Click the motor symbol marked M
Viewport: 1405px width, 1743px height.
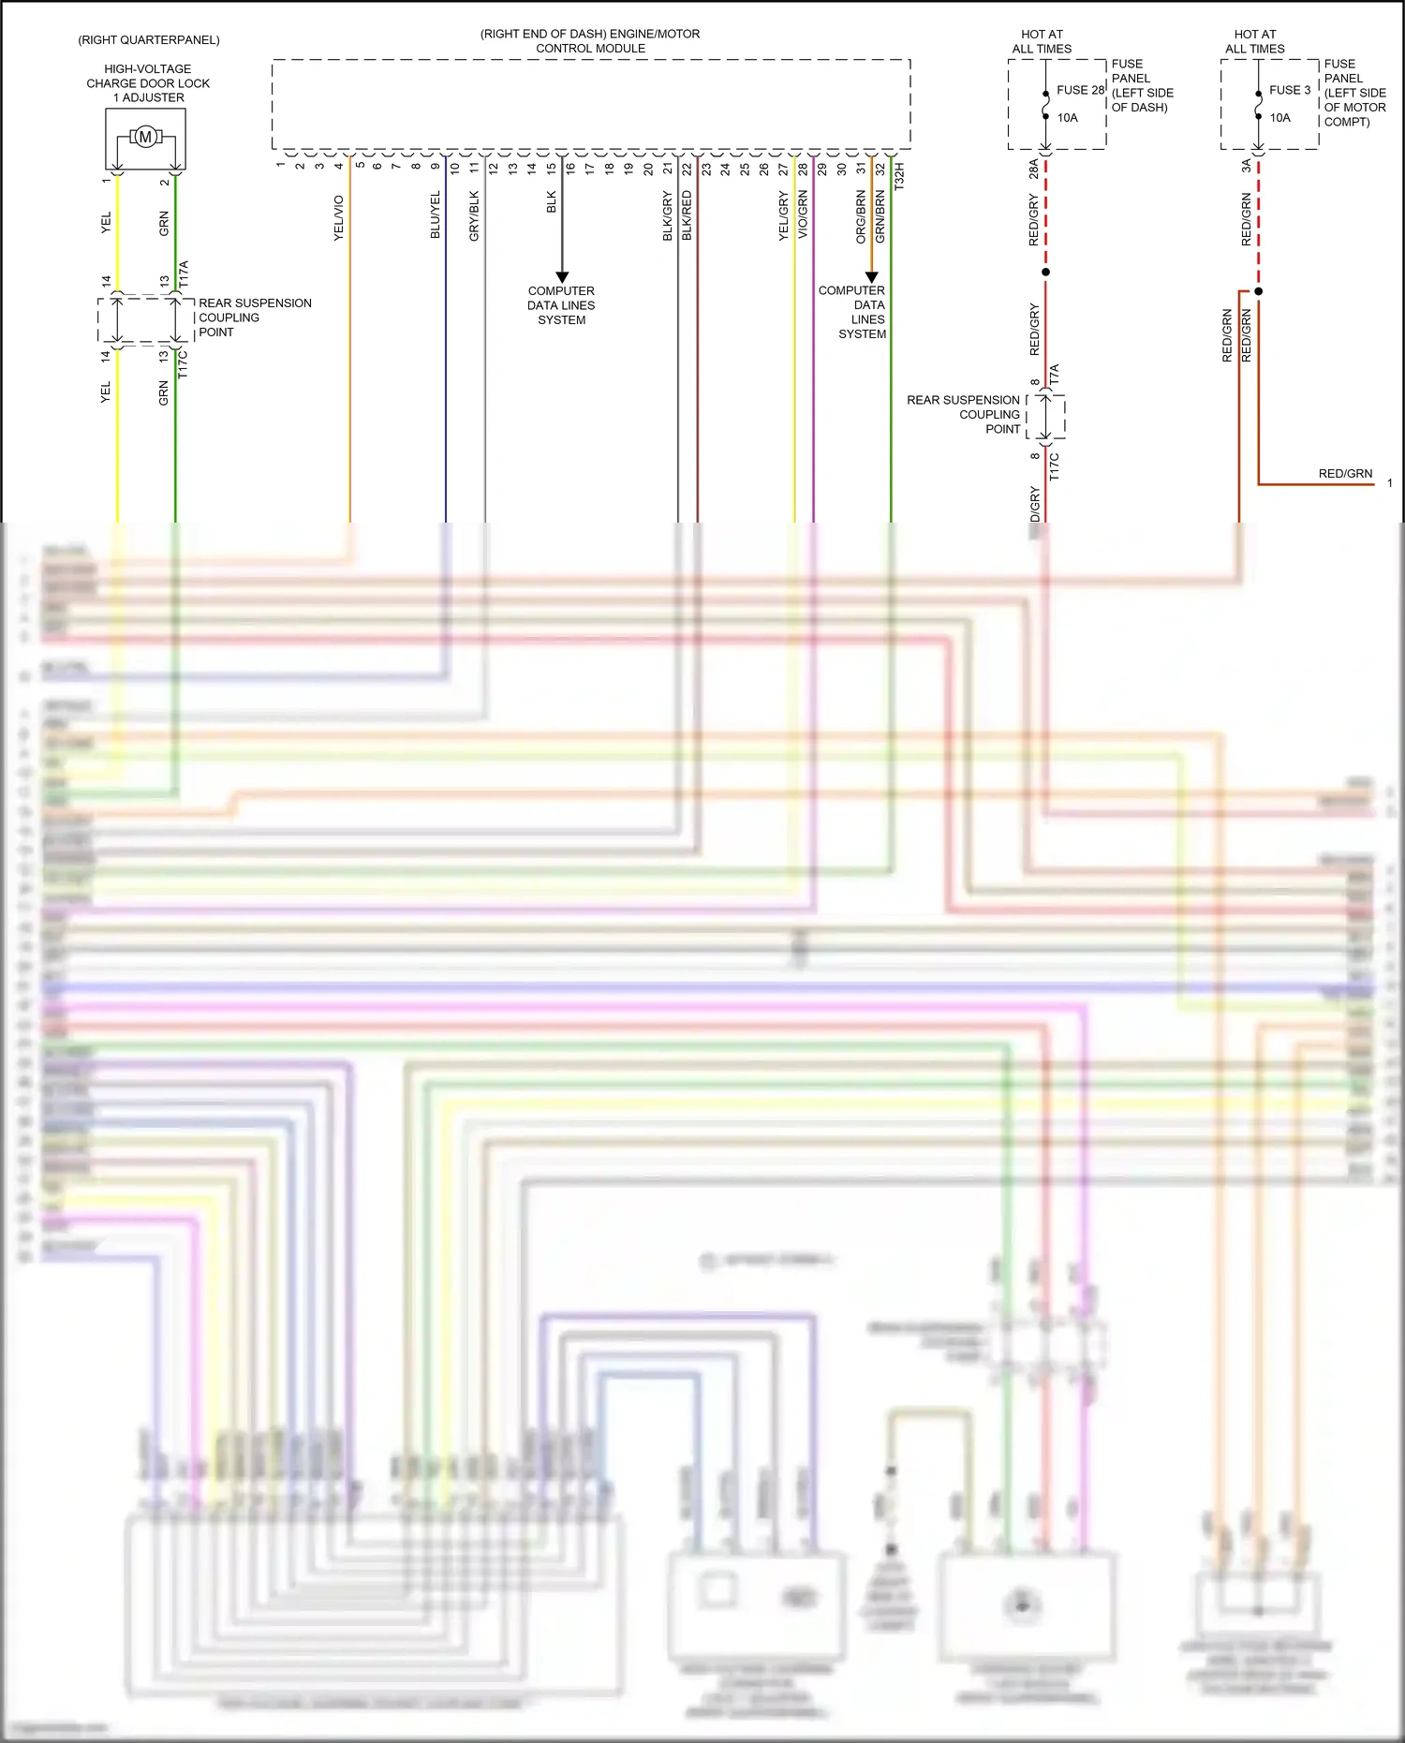pos(145,138)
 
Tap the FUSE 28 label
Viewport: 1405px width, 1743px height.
pos(1080,90)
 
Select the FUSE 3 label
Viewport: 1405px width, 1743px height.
pos(1290,90)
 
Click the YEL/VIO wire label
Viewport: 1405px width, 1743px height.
pos(339,218)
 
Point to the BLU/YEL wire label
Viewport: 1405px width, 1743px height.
pos(436,215)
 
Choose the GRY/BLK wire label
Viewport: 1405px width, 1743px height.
pos(474,216)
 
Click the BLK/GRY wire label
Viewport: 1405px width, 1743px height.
pos(668,216)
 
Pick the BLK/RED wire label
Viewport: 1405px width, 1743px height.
pos(687,216)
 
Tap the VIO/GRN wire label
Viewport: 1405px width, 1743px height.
pos(803,215)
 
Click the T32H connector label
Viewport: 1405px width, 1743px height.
pos(899,177)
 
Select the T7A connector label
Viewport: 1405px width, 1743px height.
pos(1055,376)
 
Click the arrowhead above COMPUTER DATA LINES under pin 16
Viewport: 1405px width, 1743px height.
pos(562,276)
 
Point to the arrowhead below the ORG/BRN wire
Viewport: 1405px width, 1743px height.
pos(871,276)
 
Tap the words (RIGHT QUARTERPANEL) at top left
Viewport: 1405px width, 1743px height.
pos(149,40)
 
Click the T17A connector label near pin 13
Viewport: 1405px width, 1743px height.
pos(184,274)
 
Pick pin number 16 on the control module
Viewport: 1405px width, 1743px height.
pos(570,169)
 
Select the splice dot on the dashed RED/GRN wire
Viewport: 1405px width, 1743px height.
pos(1259,291)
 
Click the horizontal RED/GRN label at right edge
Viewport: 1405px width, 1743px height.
pos(1345,474)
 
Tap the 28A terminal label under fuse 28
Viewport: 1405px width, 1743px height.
pos(1034,170)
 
